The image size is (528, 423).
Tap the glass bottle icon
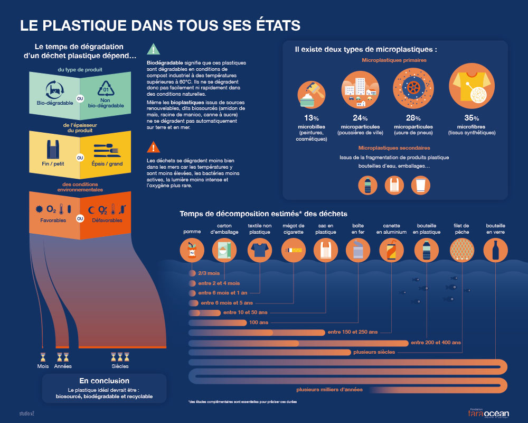[x=496, y=250]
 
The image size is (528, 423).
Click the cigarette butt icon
[x=293, y=250]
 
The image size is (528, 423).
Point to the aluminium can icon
[x=392, y=250]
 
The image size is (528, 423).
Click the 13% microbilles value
[x=310, y=118]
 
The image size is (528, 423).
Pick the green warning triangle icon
[x=153, y=50]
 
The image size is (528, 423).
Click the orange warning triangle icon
[x=153, y=146]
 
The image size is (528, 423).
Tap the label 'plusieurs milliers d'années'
[x=329, y=390]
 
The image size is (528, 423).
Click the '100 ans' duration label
[x=259, y=323]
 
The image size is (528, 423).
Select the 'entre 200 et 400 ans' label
[x=436, y=343]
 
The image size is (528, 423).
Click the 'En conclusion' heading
[x=104, y=381]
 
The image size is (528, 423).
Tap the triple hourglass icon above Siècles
[x=120, y=357]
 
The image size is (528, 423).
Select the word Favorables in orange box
[x=53, y=220]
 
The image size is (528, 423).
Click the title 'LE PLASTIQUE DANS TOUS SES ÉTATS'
[x=160, y=25]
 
